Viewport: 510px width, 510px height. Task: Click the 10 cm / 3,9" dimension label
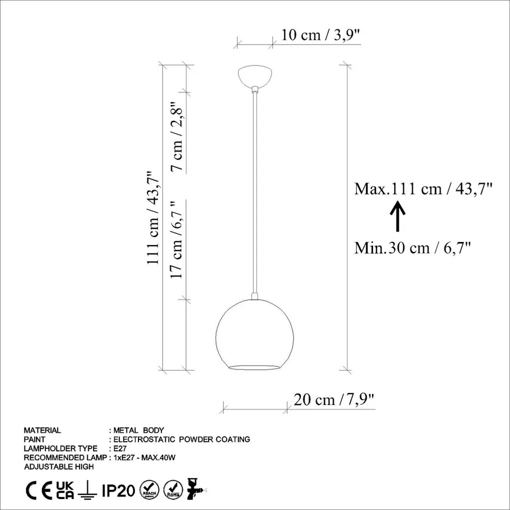[x=320, y=35]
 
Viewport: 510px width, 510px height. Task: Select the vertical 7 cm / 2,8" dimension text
[x=177, y=136]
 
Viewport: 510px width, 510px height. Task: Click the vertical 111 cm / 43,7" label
[x=153, y=217]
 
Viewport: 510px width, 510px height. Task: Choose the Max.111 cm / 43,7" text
[x=423, y=188]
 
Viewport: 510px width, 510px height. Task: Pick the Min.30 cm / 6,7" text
[x=412, y=248]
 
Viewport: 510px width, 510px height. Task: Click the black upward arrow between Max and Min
[x=397, y=216]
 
